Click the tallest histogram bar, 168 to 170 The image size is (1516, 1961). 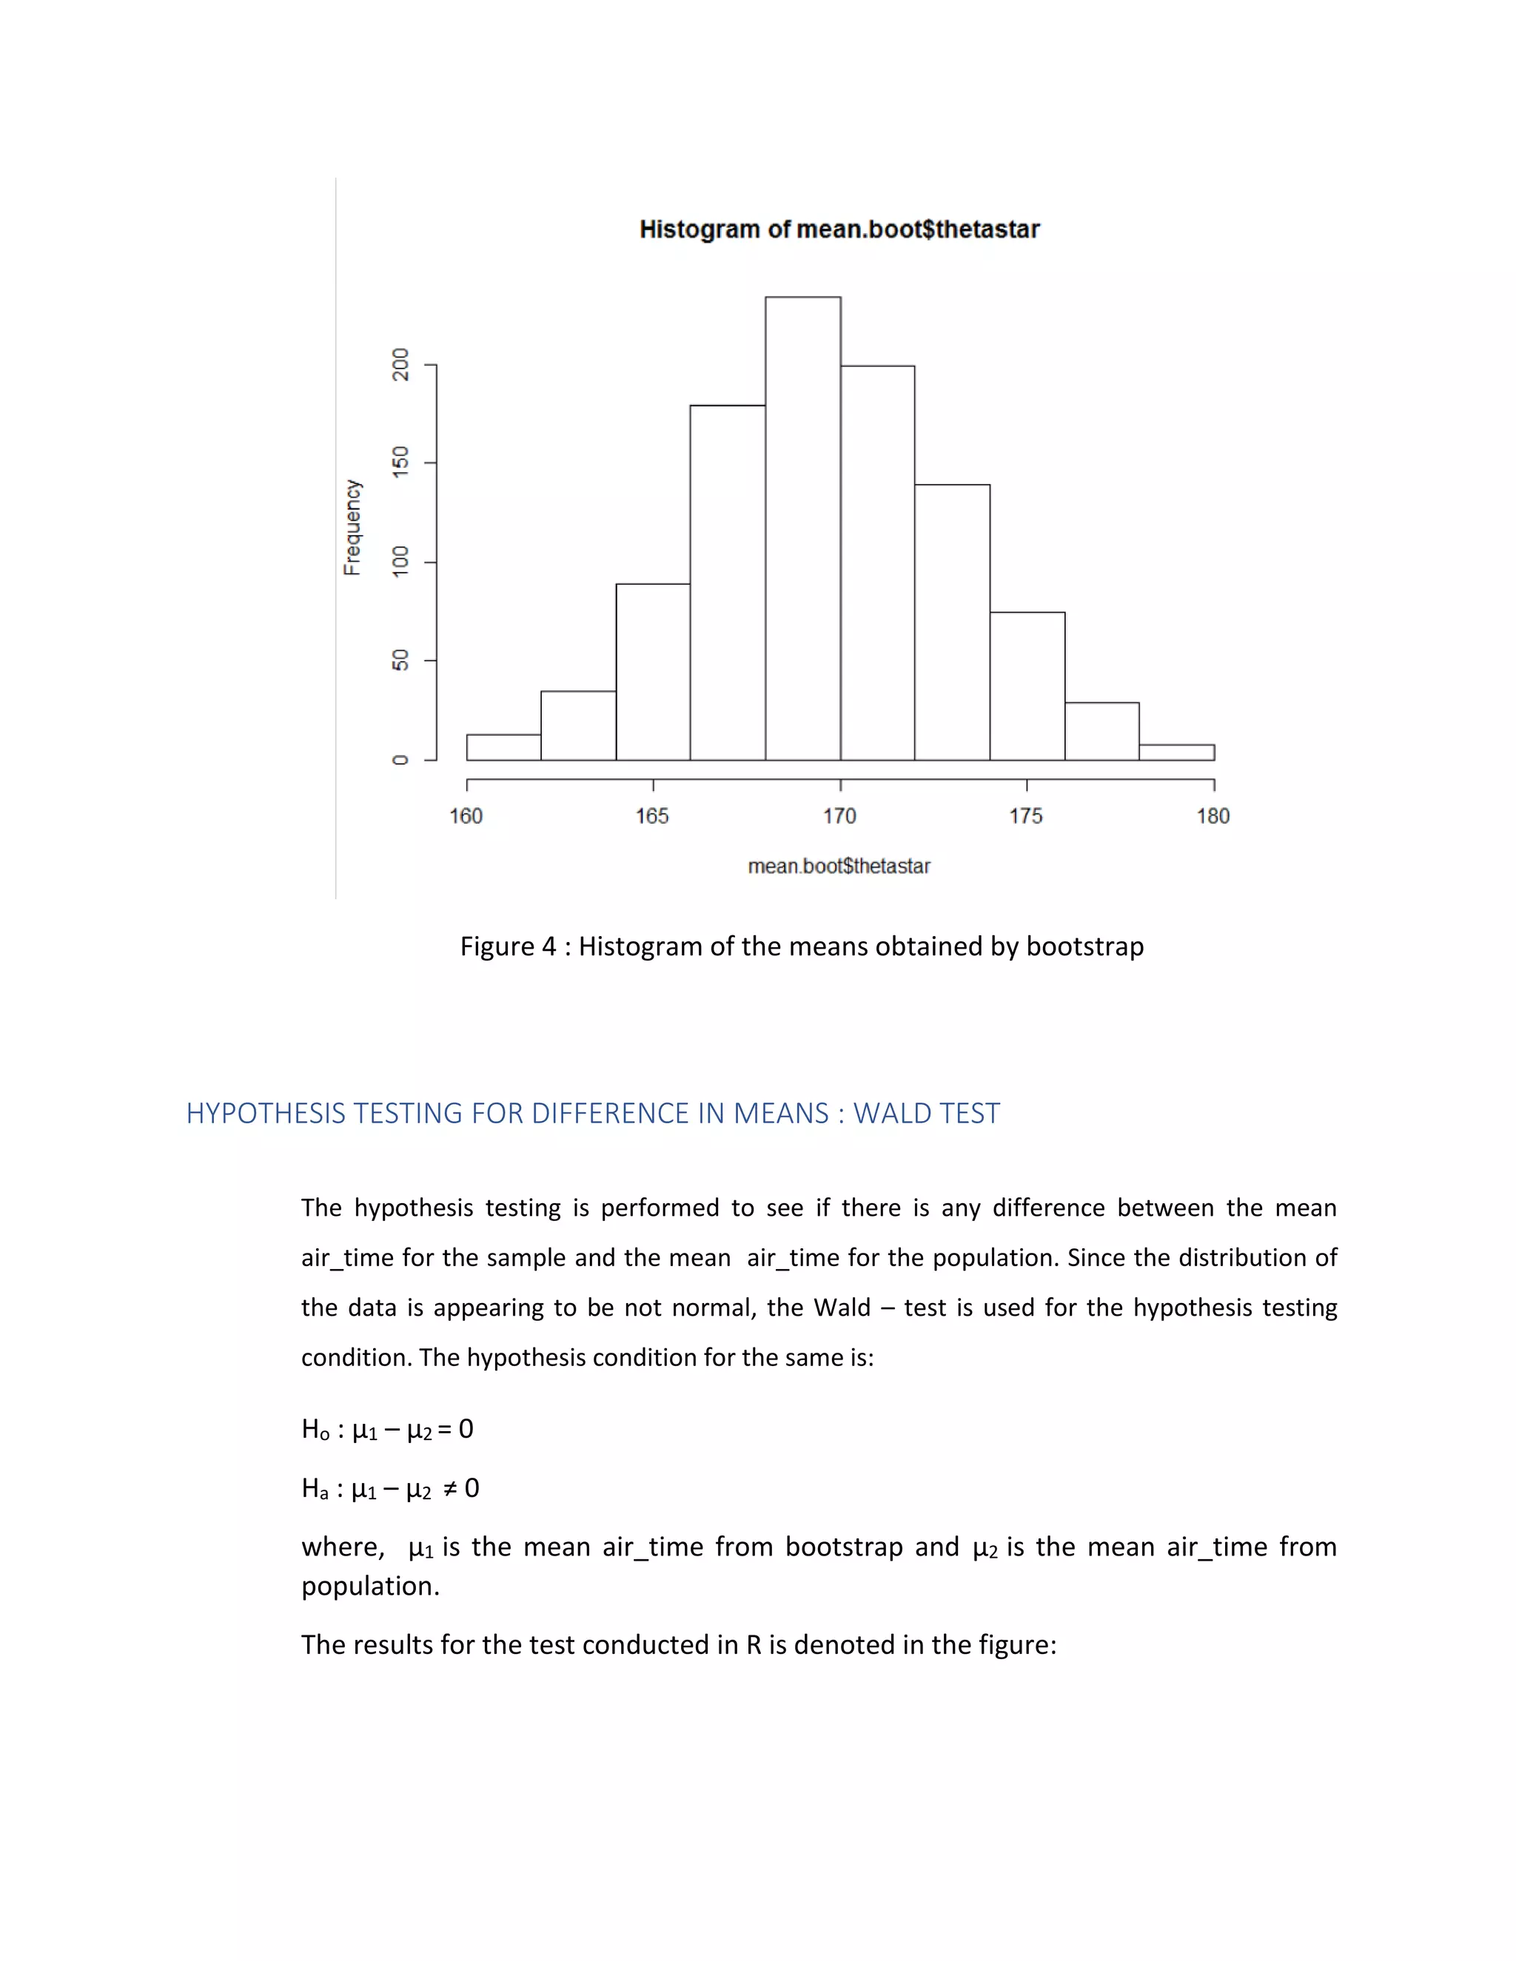point(803,530)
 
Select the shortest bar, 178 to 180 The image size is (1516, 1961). point(1176,753)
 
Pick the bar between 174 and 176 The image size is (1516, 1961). point(1027,687)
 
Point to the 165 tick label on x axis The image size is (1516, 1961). point(653,816)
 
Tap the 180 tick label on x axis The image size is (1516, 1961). point(1213,816)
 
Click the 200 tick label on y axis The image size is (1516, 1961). point(400,365)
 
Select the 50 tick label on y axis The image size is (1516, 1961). point(400,660)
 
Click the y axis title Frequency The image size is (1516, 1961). point(352,528)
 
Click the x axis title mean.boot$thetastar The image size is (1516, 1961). point(839,867)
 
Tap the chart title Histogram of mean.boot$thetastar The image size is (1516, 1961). point(839,230)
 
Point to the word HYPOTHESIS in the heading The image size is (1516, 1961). point(265,1114)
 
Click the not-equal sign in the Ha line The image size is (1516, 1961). point(450,1489)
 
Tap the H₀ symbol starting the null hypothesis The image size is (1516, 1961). point(315,1430)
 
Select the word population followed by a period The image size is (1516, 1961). point(370,1587)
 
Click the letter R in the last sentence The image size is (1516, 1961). point(754,1645)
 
